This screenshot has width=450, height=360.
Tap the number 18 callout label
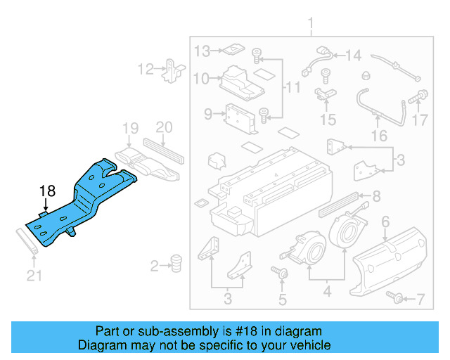pyautogui.click(x=47, y=191)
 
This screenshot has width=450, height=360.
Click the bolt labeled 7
pyautogui.click(x=397, y=299)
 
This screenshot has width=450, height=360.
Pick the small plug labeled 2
pyautogui.click(x=176, y=263)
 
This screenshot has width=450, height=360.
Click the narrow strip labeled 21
pyautogui.click(x=29, y=242)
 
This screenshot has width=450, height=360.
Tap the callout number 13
pyautogui.click(x=202, y=51)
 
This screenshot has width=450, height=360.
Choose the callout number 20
pyautogui.click(x=163, y=127)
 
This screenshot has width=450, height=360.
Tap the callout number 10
pyautogui.click(x=202, y=79)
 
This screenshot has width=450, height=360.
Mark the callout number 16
pyautogui.click(x=379, y=135)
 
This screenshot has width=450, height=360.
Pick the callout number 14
pyautogui.click(x=352, y=55)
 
